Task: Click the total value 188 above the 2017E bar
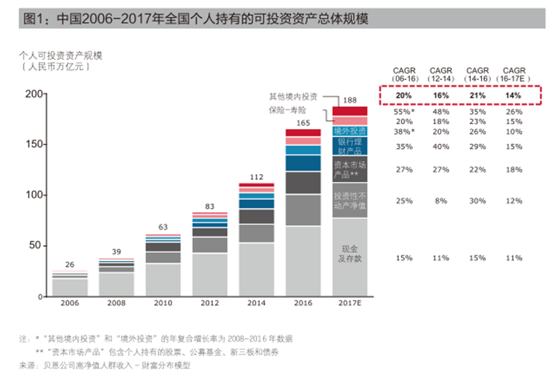click(349, 100)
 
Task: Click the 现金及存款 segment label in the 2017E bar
click(350, 253)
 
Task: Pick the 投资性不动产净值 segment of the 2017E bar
click(350, 201)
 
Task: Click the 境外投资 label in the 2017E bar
click(350, 131)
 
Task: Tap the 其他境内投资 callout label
click(294, 96)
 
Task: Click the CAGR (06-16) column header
click(404, 74)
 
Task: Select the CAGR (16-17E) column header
click(514, 74)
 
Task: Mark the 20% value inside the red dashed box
click(404, 96)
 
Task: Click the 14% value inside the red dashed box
click(514, 96)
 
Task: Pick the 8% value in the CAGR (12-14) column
click(441, 201)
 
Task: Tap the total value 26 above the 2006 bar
click(70, 264)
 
